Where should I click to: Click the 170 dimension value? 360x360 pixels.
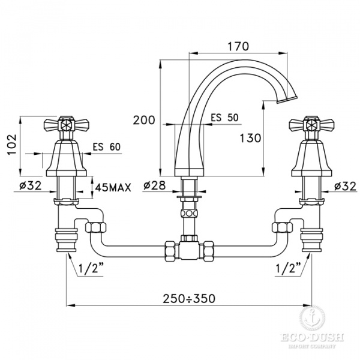pyautogui.click(x=238, y=46)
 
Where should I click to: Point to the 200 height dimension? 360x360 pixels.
pyautogui.click(x=144, y=120)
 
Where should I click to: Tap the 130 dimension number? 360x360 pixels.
pyautogui.click(x=250, y=138)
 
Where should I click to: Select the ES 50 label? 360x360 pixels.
pyautogui.click(x=225, y=118)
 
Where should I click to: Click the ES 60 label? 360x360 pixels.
pyautogui.click(x=107, y=147)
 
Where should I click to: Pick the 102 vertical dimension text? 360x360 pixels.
pyautogui.click(x=12, y=145)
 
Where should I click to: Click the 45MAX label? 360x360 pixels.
pyautogui.click(x=113, y=188)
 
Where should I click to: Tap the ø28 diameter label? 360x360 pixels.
pyautogui.click(x=155, y=185)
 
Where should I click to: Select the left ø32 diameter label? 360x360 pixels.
pyautogui.click(x=31, y=185)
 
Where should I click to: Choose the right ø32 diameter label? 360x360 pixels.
pyautogui.click(x=346, y=186)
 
